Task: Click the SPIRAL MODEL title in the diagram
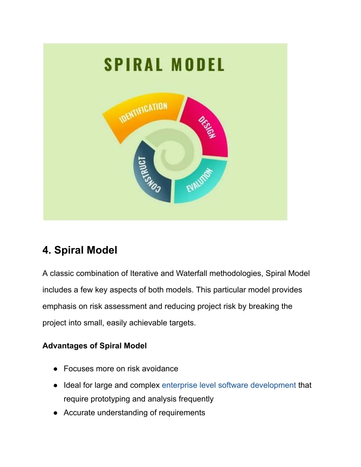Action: click(x=164, y=64)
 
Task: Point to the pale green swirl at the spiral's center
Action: click(x=172, y=148)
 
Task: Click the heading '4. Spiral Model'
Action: click(x=80, y=250)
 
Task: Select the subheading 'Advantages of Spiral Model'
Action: click(x=94, y=346)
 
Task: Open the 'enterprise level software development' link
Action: click(x=229, y=385)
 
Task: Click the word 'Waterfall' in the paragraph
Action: click(x=191, y=274)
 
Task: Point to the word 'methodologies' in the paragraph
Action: click(x=236, y=274)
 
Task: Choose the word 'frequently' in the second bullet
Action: click(x=196, y=399)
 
